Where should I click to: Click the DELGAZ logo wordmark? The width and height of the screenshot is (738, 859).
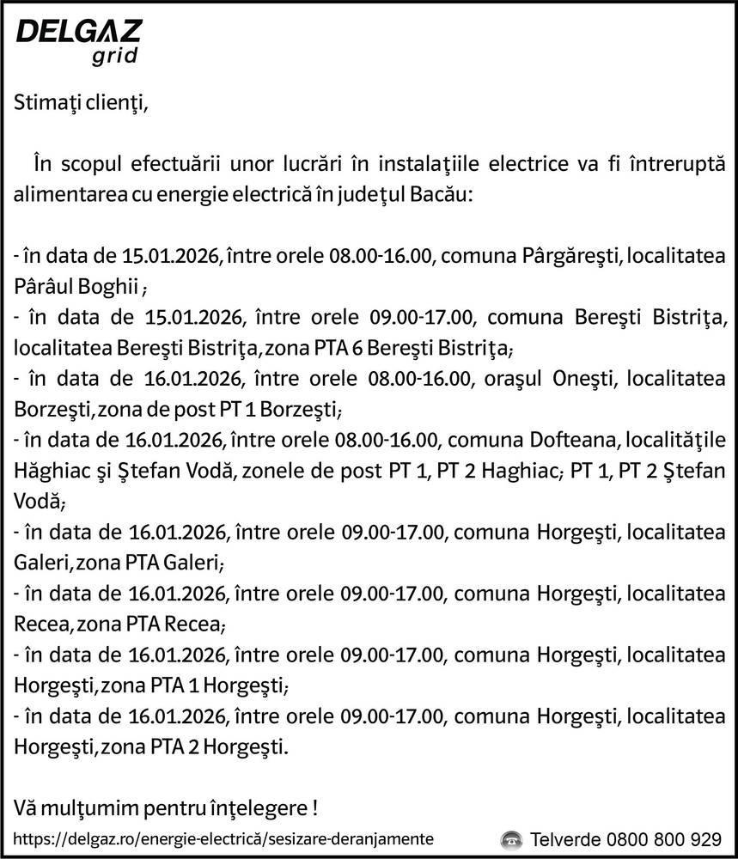click(x=79, y=32)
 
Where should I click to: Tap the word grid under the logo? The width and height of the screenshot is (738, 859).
click(x=113, y=58)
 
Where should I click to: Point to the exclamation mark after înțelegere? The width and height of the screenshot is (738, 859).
click(x=315, y=808)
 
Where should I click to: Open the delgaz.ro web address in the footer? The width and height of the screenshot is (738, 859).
click(x=223, y=838)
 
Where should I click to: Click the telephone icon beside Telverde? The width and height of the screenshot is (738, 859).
click(x=512, y=839)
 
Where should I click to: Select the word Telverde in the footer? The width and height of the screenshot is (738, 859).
click(x=564, y=839)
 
